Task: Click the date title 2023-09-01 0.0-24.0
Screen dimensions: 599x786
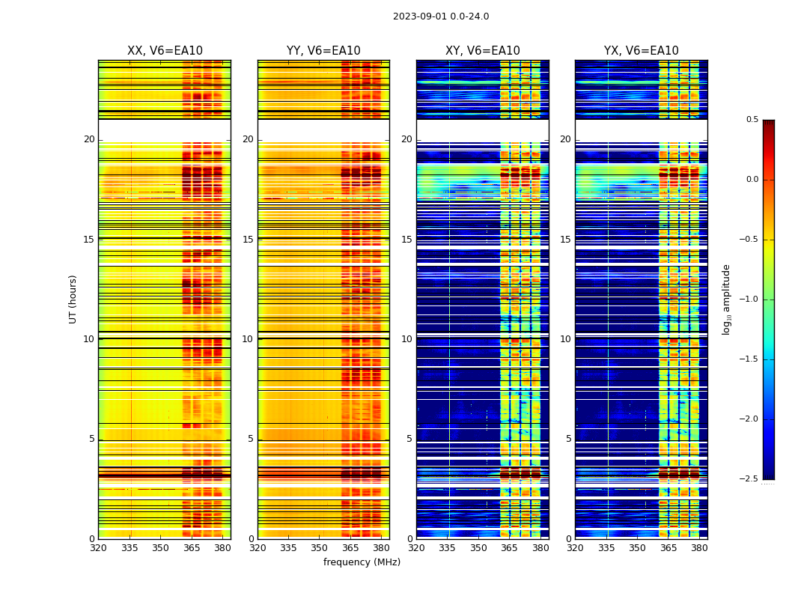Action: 441,16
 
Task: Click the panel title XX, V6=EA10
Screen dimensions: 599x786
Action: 165,51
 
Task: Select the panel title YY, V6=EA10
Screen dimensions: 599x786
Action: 323,51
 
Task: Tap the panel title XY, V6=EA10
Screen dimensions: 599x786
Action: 483,51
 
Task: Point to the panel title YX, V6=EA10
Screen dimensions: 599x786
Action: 642,51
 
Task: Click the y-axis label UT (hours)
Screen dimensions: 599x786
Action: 73,299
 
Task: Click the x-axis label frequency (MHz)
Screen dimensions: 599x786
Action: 362,562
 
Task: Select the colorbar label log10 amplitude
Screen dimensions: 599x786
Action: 726,299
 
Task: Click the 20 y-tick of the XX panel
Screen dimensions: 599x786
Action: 89,139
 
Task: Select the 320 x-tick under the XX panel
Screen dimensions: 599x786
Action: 98,547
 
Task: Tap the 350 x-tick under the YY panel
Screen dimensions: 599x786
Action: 320,547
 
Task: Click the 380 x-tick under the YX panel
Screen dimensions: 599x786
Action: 699,547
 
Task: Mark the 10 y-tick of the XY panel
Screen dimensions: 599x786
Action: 406,339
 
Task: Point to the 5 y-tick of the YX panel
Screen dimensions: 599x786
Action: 568,439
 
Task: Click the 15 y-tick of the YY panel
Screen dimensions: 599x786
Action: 248,240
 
